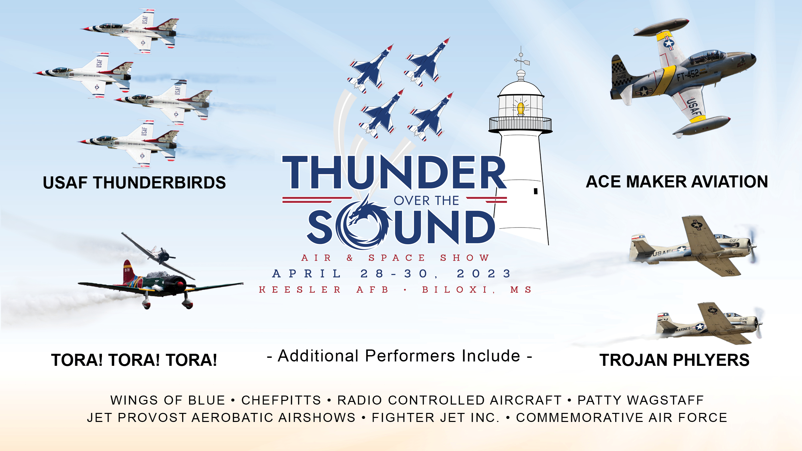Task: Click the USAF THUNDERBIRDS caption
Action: pos(134,183)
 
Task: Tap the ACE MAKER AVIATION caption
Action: pos(677,182)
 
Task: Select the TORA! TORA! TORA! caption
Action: pos(134,360)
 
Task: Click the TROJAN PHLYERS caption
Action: pos(674,360)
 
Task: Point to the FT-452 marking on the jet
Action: pos(687,74)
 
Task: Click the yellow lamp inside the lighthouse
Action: pos(520,108)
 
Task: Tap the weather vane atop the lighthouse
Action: pos(521,60)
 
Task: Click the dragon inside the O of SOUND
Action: pos(364,222)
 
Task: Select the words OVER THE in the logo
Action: pos(426,200)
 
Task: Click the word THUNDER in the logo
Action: pos(394,173)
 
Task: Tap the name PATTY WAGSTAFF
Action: pos(641,400)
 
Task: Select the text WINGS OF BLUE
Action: pos(168,400)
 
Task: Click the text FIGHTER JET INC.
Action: pos(435,418)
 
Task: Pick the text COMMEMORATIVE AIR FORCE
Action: pos(622,418)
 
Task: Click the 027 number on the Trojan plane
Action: pos(734,241)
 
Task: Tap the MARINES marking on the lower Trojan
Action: pos(683,329)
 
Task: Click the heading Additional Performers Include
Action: pos(399,356)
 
